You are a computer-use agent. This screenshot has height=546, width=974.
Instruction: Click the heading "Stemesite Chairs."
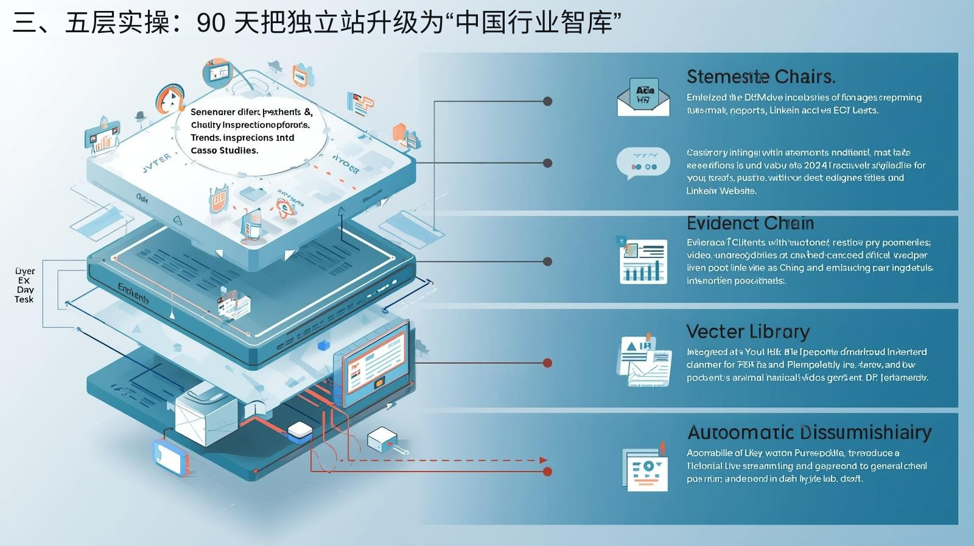coord(760,77)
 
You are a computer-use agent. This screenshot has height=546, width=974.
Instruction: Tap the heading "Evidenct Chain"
coord(750,223)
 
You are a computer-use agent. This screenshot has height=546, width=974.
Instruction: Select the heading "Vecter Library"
coord(748,331)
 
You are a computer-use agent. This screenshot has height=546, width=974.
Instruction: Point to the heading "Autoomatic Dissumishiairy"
coord(809,433)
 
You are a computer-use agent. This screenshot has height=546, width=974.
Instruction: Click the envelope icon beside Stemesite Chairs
coord(643,97)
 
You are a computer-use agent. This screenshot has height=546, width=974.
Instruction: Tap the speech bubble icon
coord(643,163)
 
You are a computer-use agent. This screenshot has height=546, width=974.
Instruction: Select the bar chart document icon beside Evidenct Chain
coord(643,261)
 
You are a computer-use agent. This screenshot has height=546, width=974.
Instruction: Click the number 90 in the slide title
coord(211,23)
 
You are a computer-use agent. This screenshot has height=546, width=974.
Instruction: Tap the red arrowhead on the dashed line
coord(543,461)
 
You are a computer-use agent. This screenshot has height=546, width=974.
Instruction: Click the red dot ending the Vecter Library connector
coord(547,363)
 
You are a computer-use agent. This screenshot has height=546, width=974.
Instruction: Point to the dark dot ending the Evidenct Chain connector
coord(547,261)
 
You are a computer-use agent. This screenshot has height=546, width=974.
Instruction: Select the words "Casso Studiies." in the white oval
coord(224,151)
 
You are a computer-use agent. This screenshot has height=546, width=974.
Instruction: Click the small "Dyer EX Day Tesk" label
coord(25,285)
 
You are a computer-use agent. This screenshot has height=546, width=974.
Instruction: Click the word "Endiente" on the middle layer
coord(133,294)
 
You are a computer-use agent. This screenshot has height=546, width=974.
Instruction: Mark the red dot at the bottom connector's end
coord(547,472)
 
